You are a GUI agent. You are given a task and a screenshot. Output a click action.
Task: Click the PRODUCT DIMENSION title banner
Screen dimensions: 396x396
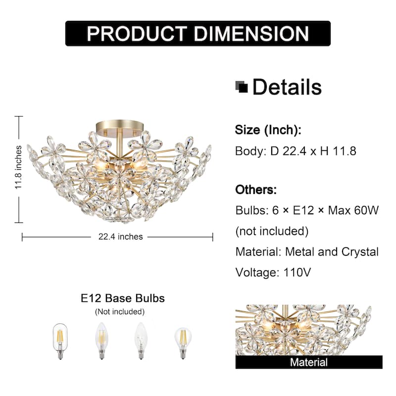click(x=198, y=33)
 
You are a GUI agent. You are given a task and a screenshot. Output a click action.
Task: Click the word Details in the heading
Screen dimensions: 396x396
click(x=287, y=87)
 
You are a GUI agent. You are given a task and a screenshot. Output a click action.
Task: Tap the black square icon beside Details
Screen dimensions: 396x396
click(x=242, y=87)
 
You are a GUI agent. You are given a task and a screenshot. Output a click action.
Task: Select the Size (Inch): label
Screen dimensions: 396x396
click(x=268, y=130)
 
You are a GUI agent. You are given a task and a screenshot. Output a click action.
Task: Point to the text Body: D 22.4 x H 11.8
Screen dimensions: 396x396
click(x=296, y=151)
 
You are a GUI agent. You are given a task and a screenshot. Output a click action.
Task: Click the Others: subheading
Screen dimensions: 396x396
click(x=256, y=190)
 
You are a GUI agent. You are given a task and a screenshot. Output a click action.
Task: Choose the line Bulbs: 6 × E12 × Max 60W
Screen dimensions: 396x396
click(x=307, y=210)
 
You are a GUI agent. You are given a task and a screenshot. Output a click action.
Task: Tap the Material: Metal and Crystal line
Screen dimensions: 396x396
click(x=307, y=251)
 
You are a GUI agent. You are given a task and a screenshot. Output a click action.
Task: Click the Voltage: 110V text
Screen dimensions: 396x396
click(x=273, y=272)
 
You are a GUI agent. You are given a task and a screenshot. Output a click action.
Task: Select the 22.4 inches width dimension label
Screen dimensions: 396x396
click(x=117, y=237)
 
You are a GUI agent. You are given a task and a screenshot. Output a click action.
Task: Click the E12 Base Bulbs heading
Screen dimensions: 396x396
click(x=123, y=298)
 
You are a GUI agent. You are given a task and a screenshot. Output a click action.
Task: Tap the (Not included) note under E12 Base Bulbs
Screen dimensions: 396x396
click(x=120, y=312)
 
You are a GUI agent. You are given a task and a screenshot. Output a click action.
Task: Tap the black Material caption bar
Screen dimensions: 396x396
click(x=309, y=362)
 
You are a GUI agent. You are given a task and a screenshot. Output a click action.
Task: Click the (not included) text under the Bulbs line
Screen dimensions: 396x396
click(x=272, y=231)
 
